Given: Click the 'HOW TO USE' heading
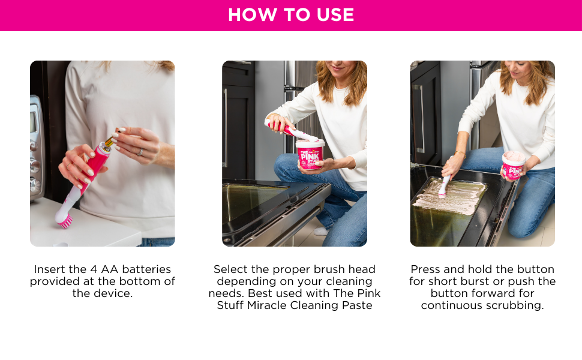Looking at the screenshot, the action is click(291, 15).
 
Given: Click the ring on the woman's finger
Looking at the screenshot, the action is click(140, 152).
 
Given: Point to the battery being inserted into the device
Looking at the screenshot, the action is click(110, 140).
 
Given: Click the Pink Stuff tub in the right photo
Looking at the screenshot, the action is click(514, 166).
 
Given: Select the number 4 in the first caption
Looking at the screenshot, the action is click(94, 269).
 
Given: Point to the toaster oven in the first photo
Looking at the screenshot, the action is click(37, 148).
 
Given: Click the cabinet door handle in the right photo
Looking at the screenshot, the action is click(421, 119).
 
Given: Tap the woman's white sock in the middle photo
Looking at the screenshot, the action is click(320, 231).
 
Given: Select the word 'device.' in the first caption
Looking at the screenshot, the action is click(115, 293).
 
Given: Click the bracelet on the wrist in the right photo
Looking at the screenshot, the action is click(460, 152).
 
